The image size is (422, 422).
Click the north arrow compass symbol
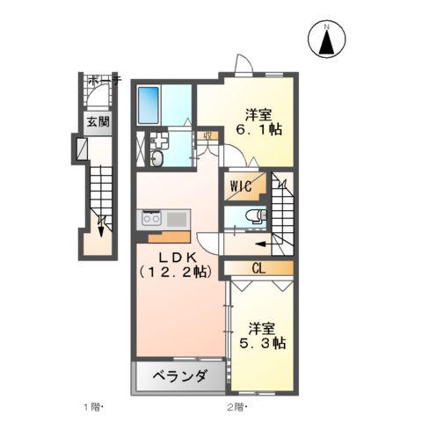pos(326,40)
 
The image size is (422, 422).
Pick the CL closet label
pos(258,266)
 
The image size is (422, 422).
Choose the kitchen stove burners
pos(148,218)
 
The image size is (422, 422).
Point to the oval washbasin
pos(157,159)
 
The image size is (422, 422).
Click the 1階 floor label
pos(93,407)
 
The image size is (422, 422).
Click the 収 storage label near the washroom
pos(207,135)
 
